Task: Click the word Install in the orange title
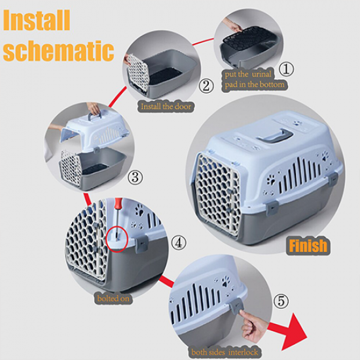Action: coord(36,20)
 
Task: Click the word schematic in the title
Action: coord(58,51)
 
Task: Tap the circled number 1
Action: coord(286,69)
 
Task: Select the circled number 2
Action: coord(206,86)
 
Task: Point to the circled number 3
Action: coord(135,177)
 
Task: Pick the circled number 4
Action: coord(179,243)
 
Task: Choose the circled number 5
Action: coord(281,301)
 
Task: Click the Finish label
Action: coord(308,245)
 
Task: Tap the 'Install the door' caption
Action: coord(166,107)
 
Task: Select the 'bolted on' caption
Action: coord(113,298)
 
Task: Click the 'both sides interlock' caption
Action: coord(225,352)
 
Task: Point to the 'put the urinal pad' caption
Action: coord(255,80)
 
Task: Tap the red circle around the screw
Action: coord(117,239)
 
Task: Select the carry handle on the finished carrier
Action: coord(274,135)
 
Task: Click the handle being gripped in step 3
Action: coord(94,116)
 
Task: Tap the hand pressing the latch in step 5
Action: coord(253,325)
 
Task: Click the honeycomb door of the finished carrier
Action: coord(217,194)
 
